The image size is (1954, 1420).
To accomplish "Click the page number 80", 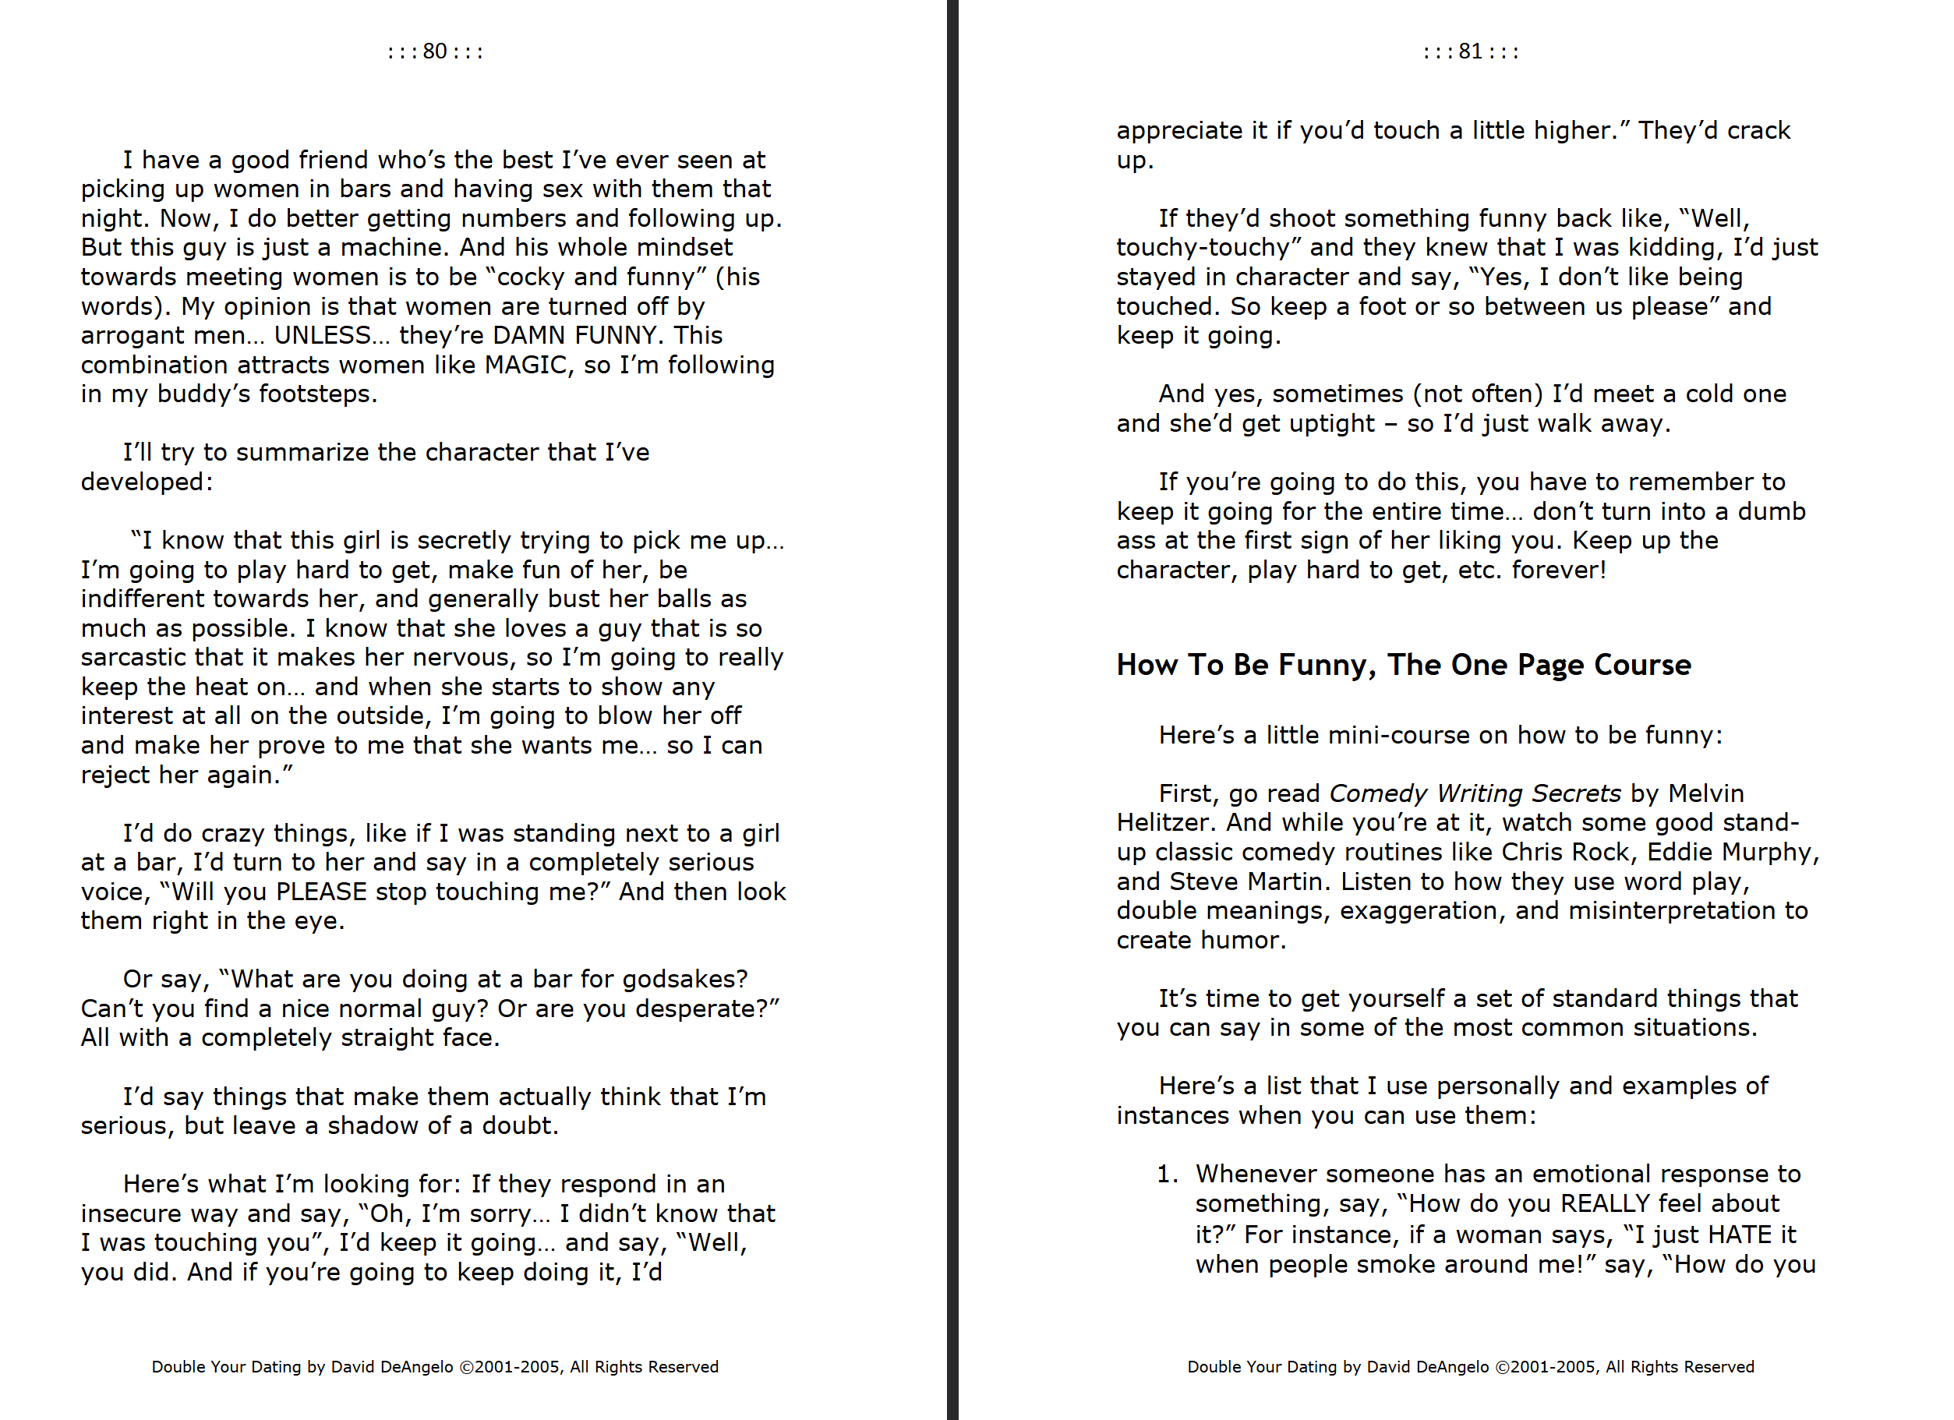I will click(x=434, y=51).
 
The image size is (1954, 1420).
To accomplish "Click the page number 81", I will click(x=1470, y=51).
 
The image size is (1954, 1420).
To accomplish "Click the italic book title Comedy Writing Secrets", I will click(x=1475, y=793).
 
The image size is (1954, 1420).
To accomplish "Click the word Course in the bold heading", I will click(x=1642, y=666).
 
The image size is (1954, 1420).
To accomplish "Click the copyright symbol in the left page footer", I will click(x=466, y=1368).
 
